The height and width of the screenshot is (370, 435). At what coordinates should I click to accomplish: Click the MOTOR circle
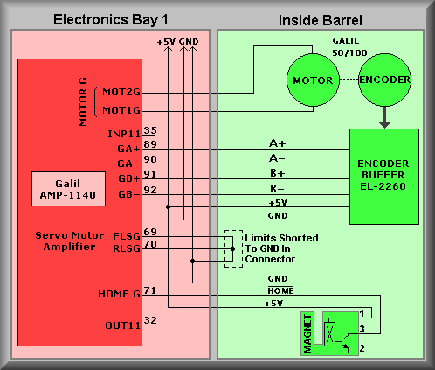(313, 80)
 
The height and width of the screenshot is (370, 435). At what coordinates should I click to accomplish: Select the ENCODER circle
(384, 80)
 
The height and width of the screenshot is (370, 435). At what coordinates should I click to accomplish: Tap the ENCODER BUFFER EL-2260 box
(384, 177)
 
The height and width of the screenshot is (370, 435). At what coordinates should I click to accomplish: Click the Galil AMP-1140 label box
(68, 189)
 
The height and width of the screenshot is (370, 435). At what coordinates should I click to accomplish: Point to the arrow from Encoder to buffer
(384, 117)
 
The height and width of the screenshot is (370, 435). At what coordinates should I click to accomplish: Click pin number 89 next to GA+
(150, 144)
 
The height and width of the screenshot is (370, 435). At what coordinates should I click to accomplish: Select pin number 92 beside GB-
(150, 190)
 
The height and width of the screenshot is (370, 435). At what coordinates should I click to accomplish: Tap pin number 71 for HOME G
(150, 290)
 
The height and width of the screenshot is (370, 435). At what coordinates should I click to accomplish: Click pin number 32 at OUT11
(150, 320)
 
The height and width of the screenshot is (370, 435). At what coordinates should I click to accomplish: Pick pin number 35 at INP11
(150, 130)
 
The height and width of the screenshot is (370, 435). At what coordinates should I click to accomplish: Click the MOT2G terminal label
(121, 92)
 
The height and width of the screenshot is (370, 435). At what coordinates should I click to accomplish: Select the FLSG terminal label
(127, 236)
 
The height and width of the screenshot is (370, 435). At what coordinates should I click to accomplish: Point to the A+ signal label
(277, 143)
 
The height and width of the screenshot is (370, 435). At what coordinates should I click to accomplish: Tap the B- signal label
(277, 189)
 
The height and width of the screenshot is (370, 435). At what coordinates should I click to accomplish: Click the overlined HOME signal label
(280, 290)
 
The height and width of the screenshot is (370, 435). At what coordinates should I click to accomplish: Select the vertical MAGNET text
(307, 334)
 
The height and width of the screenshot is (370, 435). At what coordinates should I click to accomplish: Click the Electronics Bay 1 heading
(111, 20)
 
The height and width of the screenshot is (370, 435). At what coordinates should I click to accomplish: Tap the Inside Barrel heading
(321, 20)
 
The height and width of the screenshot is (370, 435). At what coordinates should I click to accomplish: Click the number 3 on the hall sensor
(362, 329)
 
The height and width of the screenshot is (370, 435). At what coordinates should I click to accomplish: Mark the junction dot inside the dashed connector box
(232, 248)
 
